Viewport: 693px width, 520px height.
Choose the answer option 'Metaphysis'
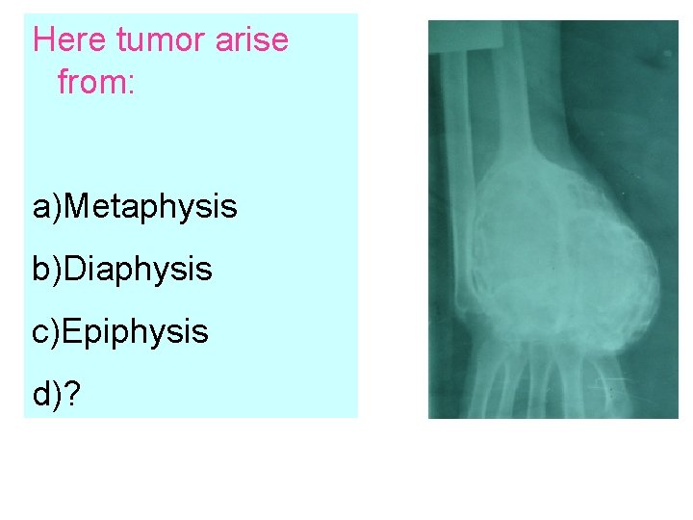153,206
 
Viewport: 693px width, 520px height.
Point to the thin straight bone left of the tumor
461,193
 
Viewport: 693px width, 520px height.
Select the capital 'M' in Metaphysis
83,206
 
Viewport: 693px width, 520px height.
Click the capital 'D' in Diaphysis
81,269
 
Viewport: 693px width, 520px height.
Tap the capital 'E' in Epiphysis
78,331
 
